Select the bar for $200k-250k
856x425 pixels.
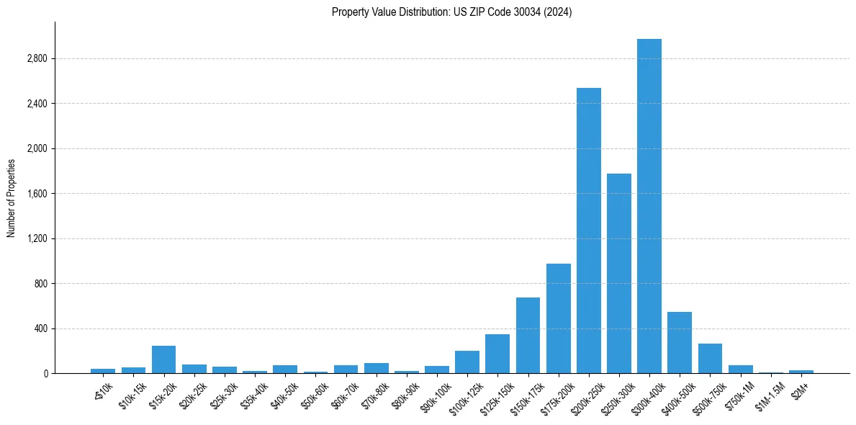589,231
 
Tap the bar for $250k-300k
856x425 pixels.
619,274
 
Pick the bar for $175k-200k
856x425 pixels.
559,318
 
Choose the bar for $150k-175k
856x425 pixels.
528,336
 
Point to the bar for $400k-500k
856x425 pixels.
680,343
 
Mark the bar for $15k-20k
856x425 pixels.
163,359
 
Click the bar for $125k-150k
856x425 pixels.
497,354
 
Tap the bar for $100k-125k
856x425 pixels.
467,362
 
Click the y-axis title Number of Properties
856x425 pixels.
12,198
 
